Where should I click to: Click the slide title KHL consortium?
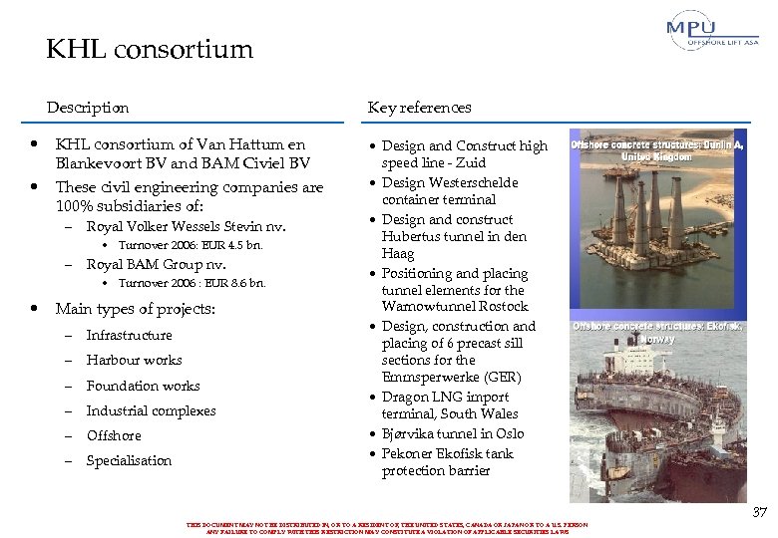point(150,49)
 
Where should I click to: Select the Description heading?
point(87,108)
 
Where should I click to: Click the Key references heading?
point(419,108)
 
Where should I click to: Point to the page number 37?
point(759,512)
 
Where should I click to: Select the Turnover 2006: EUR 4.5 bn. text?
point(191,245)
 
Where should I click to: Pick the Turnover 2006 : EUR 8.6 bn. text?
point(192,283)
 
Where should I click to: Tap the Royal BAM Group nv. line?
point(156,264)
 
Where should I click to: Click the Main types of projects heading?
point(135,309)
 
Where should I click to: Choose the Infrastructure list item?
point(129,336)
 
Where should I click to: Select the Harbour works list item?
point(134,361)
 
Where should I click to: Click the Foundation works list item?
point(143,386)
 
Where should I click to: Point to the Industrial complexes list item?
point(151,410)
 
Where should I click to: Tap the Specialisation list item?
point(129,460)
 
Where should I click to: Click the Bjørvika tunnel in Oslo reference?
point(452,433)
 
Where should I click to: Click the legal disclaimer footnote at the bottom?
point(387,528)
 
